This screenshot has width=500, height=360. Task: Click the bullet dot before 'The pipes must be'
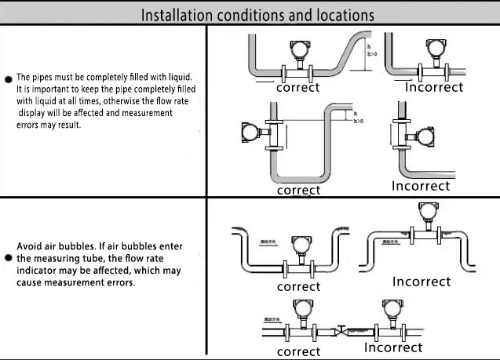click(9, 79)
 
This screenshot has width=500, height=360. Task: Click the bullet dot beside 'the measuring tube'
click(9, 257)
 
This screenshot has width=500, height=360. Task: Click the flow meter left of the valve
click(300, 314)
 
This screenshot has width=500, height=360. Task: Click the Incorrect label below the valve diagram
click(393, 347)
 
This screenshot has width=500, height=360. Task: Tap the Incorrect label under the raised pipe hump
click(422, 281)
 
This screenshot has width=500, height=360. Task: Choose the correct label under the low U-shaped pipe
click(298, 286)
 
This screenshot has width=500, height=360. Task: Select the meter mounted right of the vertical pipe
click(425, 137)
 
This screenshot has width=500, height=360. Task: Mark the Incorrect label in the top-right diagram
click(434, 87)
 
